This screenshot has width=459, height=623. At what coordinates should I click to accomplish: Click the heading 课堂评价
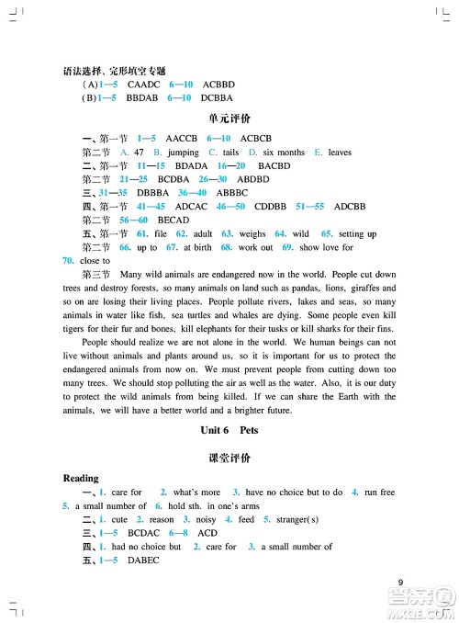click(229, 457)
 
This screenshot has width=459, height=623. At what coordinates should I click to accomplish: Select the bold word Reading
click(81, 479)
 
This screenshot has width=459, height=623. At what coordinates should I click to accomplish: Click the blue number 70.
click(67, 261)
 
